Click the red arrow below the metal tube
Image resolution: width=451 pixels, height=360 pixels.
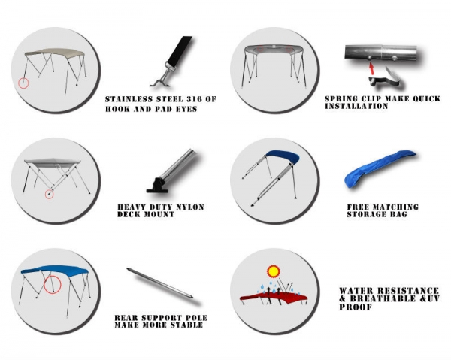(x=372, y=68)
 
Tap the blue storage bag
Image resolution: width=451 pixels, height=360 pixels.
(x=379, y=168)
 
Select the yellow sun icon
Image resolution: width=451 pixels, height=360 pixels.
(x=274, y=271)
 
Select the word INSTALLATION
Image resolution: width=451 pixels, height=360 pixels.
(x=356, y=106)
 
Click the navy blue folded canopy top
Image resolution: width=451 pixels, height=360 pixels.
(x=283, y=157)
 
